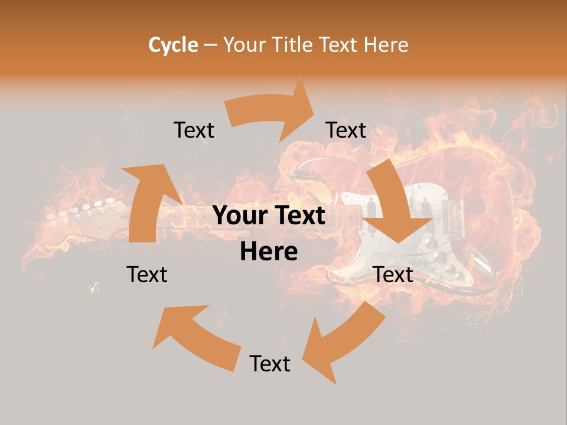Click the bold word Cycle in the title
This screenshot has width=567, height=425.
pyautogui.click(x=173, y=45)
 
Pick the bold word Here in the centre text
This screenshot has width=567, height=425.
pyautogui.click(x=269, y=252)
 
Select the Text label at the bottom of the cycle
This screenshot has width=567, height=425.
pyautogui.click(x=270, y=364)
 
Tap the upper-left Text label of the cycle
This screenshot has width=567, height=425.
pyautogui.click(x=194, y=130)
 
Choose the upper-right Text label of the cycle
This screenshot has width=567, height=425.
pyautogui.click(x=346, y=130)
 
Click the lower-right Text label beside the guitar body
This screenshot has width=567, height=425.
pyautogui.click(x=393, y=274)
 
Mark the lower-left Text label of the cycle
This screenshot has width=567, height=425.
pyautogui.click(x=147, y=274)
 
